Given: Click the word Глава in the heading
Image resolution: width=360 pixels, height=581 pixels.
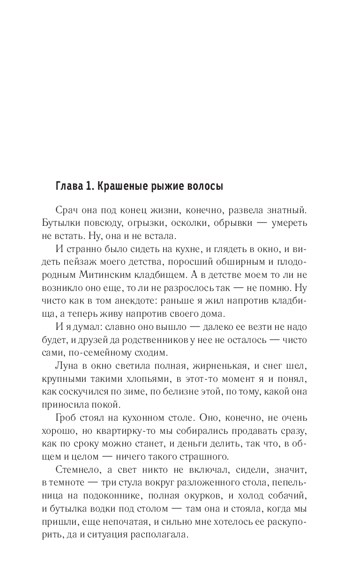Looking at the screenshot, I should pyautogui.click(x=68, y=186).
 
